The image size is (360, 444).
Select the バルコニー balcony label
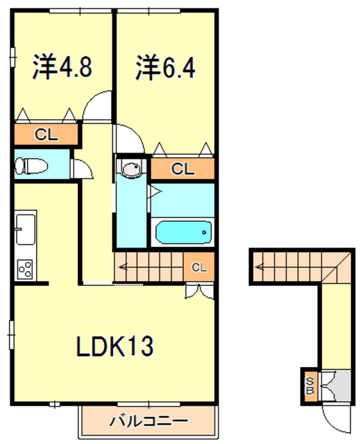pos(148,420)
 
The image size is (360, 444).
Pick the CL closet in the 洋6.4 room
pos(182,169)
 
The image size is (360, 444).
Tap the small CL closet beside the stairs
pos(199,266)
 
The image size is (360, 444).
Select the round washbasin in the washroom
pos(130,169)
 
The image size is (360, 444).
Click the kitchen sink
pos(26,229)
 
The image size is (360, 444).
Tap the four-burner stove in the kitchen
pos(26,268)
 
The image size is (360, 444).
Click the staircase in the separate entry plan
pos(291,266)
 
